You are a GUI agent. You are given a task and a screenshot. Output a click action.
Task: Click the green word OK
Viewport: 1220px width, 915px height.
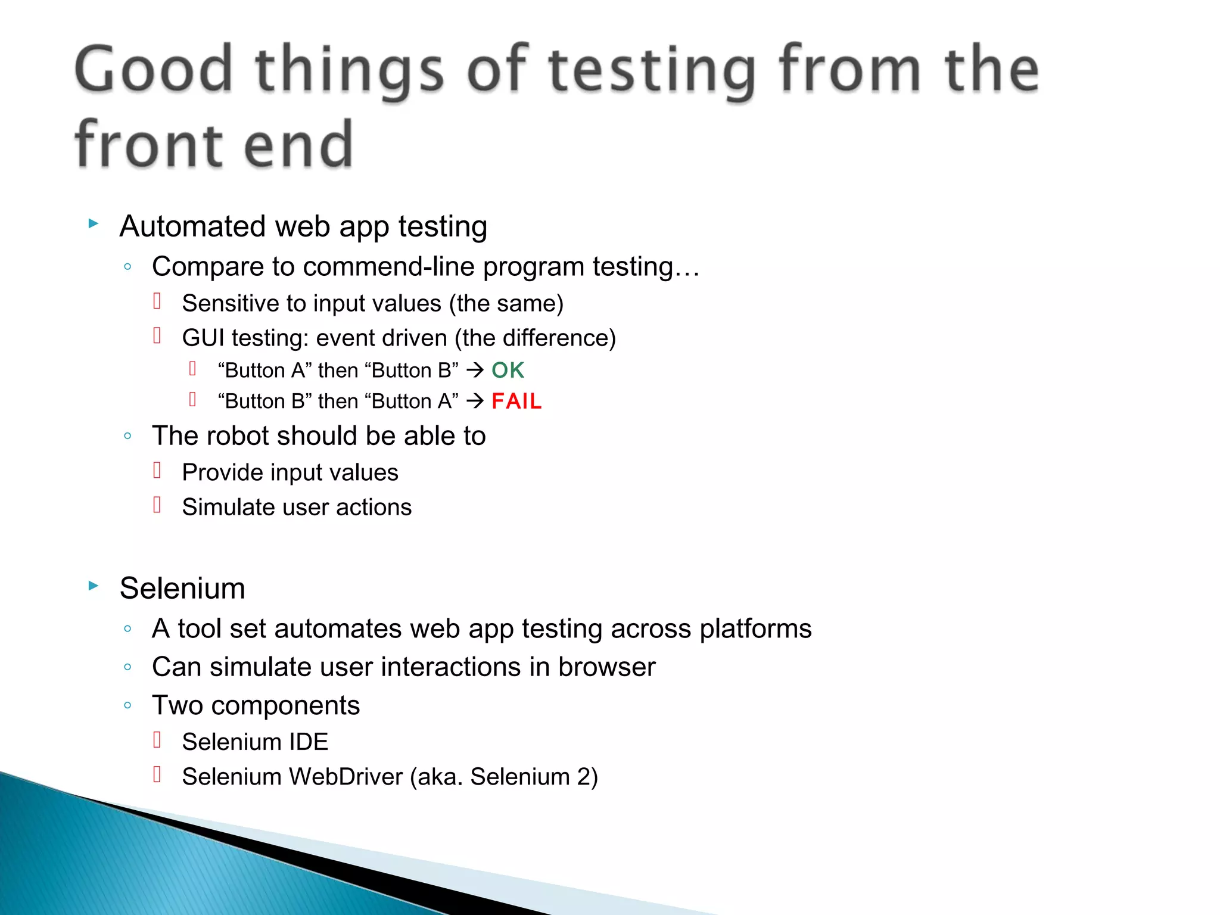[508, 371]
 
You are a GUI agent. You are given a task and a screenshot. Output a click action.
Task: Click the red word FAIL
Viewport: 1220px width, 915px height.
[516, 402]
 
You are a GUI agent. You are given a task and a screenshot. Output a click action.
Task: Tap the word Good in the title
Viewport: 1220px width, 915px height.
[153, 70]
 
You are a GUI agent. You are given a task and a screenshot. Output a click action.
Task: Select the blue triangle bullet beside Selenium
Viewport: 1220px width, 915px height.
[94, 586]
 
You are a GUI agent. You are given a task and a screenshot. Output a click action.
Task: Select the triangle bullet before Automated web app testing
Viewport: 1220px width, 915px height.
[94, 223]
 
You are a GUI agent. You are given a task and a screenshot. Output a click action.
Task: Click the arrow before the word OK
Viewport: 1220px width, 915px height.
[475, 371]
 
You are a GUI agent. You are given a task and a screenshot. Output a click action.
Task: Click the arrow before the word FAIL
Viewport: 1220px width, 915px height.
[475, 402]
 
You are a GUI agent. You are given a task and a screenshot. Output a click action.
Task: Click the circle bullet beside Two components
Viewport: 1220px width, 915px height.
[127, 705]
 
